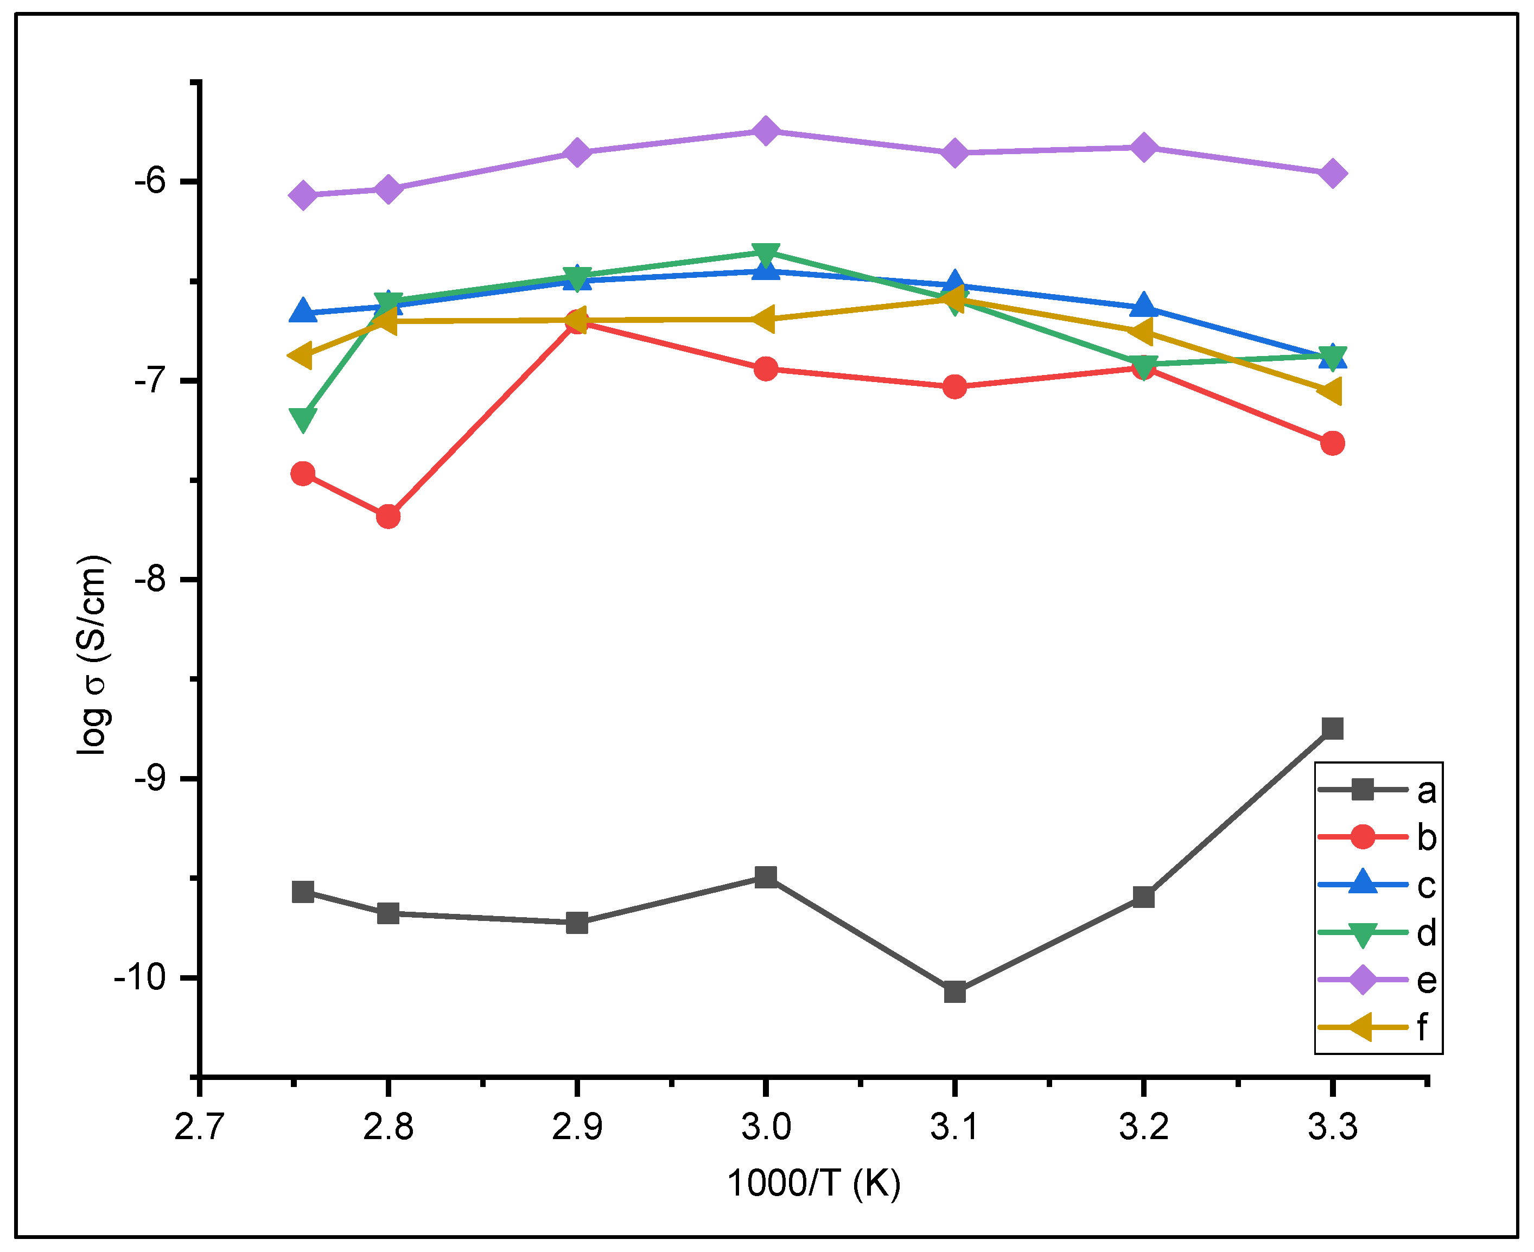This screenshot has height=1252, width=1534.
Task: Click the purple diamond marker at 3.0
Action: click(766, 131)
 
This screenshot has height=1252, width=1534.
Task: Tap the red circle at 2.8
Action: click(388, 517)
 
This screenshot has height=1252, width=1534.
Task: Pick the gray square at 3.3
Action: click(1333, 728)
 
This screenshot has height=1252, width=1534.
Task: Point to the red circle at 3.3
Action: click(1333, 443)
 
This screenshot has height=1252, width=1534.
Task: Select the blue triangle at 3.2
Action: click(1144, 306)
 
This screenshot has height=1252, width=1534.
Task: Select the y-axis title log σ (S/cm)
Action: click(94, 655)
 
